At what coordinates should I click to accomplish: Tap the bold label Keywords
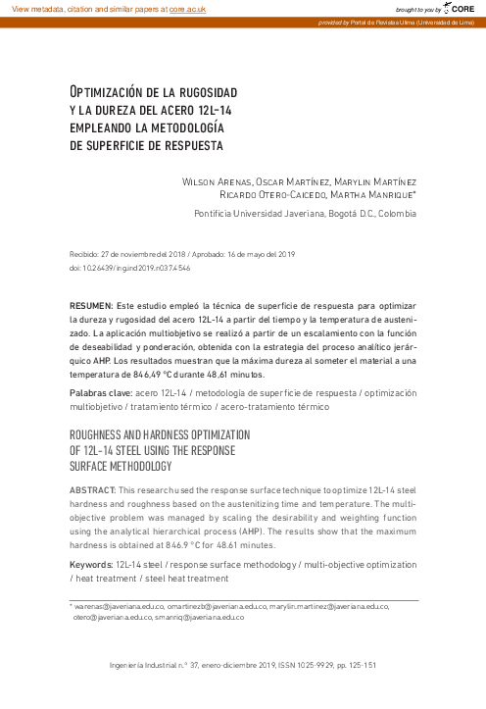[95, 566]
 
